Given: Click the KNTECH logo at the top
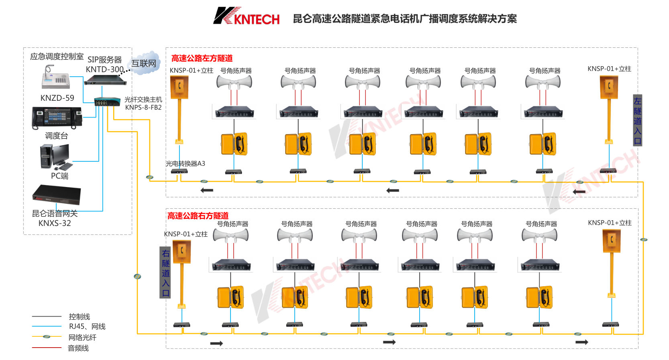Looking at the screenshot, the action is tap(246, 17).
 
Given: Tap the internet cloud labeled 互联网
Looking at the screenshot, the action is tap(145, 63).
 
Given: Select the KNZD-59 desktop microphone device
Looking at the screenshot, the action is tap(55, 78).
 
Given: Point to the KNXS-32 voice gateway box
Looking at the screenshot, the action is tap(57, 195).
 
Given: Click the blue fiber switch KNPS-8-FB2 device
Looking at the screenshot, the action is tap(107, 101).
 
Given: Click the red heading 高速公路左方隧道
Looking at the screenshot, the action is tap(202, 58).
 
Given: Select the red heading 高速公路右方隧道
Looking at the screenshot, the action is tap(198, 216).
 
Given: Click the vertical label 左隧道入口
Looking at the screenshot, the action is tap(637, 120).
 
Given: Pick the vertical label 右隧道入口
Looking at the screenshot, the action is tap(165, 273).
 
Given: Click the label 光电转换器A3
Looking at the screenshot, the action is tap(186, 163).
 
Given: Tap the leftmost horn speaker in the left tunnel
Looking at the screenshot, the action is tap(234, 82).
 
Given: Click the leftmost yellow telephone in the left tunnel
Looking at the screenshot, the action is tap(234, 144).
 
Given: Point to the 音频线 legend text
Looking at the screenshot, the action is tap(78, 348).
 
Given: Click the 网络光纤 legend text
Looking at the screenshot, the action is tap(82, 338).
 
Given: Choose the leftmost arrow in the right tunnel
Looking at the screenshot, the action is tap(216, 343).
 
